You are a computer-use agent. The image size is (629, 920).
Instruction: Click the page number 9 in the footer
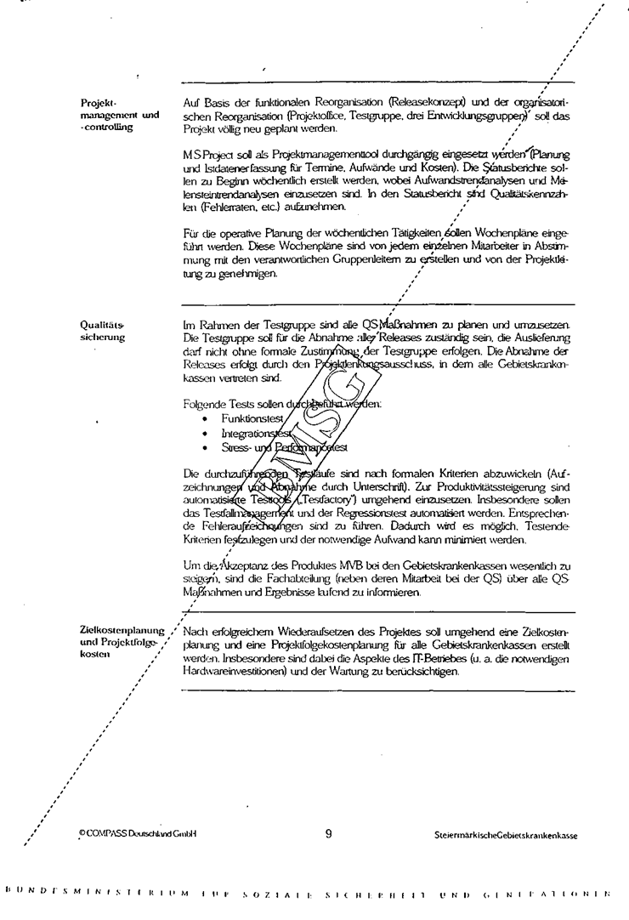coord(328,834)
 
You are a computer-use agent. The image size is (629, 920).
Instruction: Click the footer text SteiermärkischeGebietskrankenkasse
coord(505,836)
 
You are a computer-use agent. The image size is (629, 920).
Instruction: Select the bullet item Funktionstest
coord(252,419)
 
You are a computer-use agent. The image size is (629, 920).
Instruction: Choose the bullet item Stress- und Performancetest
coord(284,446)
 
